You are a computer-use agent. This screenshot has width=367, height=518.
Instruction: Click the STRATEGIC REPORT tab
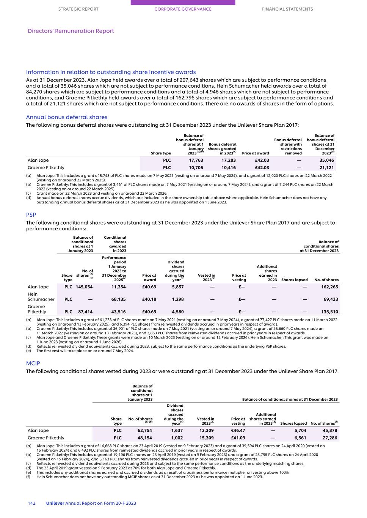(78, 9)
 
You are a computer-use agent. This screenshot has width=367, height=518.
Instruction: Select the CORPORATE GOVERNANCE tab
(183, 9)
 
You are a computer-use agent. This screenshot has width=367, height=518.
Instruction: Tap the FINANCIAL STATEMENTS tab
(287, 9)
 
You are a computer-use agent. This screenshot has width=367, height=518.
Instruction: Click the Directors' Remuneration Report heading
(71, 31)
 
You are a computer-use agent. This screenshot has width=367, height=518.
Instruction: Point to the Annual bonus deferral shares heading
(67, 117)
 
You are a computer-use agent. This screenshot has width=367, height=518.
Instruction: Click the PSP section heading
(31, 215)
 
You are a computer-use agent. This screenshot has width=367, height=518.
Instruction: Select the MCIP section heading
(33, 363)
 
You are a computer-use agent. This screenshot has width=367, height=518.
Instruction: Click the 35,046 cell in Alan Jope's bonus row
(326, 160)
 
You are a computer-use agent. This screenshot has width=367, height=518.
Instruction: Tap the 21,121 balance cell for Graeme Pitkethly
(326, 167)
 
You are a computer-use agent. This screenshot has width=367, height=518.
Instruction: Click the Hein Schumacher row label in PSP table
(41, 296)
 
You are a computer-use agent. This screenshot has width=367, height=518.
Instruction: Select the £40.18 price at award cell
(149, 299)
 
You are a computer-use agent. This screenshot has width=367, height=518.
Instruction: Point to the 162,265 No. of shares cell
(329, 287)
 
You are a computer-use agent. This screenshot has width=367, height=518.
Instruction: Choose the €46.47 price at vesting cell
(238, 430)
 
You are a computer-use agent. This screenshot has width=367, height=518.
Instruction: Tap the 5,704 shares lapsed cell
(300, 430)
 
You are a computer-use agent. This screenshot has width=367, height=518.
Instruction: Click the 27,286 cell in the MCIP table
(329, 438)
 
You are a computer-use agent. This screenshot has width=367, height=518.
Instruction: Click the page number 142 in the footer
(31, 503)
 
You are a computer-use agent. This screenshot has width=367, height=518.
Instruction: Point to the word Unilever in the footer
(55, 503)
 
